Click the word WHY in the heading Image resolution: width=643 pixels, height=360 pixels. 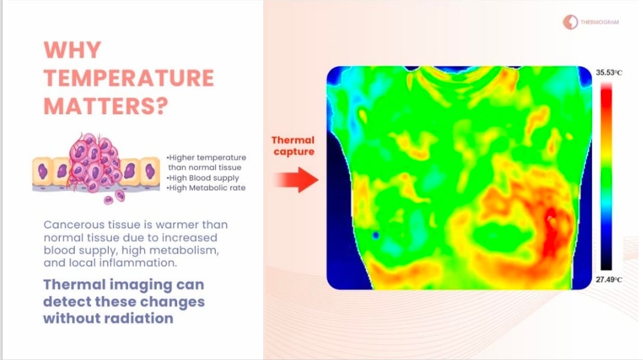pos(72,50)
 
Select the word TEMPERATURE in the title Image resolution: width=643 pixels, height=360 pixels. pos(129,78)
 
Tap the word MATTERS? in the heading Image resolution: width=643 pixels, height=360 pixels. pos(106,106)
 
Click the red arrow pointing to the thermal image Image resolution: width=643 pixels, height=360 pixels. pos(296,179)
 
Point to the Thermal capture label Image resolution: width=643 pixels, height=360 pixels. pos(293,145)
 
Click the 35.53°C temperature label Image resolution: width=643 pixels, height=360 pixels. pos(608,72)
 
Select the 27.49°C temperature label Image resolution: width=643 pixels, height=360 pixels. pos(608,280)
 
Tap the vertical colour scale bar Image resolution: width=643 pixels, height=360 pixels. pos(606,176)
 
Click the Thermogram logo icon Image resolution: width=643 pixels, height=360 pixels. pos(570,22)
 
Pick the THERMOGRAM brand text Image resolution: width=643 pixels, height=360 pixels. pos(599,22)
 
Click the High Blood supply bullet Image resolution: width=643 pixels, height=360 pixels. pos(203,178)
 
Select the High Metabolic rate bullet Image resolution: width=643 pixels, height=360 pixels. pos(206,188)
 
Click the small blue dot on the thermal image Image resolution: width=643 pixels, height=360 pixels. pos(376,235)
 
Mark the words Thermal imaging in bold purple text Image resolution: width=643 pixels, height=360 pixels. pos(108,285)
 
